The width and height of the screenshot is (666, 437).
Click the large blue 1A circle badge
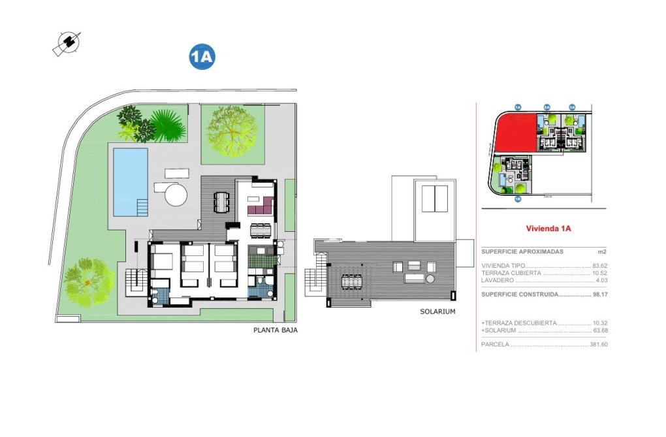[202, 57]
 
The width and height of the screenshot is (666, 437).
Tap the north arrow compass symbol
[67, 43]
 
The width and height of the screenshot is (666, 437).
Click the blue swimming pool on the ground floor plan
[130, 181]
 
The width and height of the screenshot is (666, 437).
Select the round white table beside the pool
[175, 194]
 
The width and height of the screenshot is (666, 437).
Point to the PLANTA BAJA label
[276, 331]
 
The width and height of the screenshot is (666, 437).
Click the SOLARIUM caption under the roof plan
[437, 312]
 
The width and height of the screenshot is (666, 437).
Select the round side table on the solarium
[432, 279]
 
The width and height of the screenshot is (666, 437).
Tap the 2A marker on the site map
[547, 107]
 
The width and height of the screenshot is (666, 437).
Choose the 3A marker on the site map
[572, 107]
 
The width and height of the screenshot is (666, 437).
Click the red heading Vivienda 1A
[548, 229]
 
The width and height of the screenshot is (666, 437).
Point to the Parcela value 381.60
[599, 344]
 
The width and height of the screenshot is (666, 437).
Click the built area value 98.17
[600, 295]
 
